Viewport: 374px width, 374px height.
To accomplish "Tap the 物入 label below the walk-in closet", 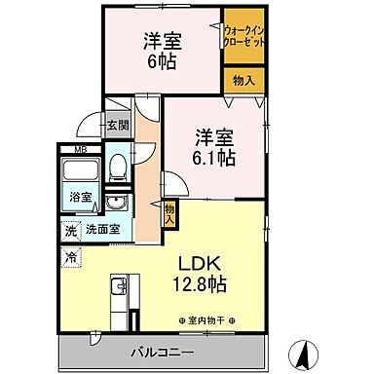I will coord(243,80).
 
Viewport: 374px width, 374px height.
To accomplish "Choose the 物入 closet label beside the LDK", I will coord(169,213).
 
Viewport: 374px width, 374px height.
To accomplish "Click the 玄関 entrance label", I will coord(117,124).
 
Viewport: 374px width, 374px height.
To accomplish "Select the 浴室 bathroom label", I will coord(79,198).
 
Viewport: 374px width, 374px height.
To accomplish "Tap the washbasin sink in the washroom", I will coord(117,203).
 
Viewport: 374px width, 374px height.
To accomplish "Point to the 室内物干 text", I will coord(212,320).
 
